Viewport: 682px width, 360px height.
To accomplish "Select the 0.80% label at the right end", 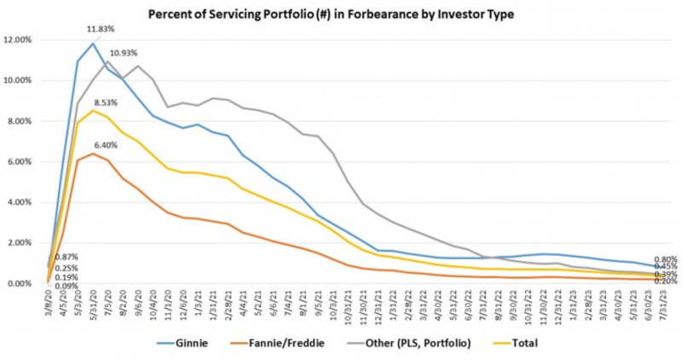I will [x=666, y=259].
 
